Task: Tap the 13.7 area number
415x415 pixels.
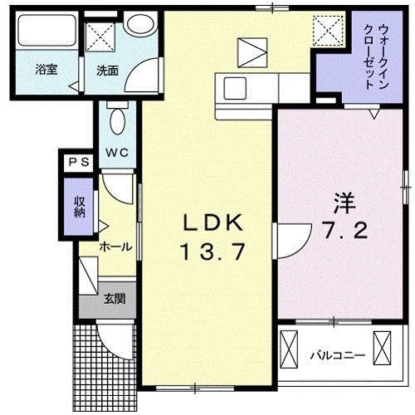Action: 212,250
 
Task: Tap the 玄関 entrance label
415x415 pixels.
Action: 115,298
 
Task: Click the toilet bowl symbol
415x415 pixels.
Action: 116,120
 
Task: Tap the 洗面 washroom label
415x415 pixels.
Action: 106,70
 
